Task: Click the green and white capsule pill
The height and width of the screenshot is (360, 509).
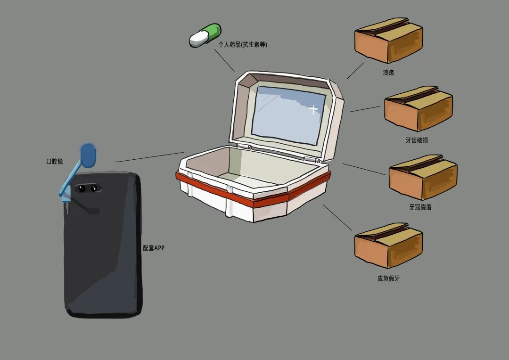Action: point(205,35)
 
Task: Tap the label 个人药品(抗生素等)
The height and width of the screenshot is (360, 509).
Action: point(243,45)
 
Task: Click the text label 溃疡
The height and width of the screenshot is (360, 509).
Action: point(388,73)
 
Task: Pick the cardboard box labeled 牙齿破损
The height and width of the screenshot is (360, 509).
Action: point(419,108)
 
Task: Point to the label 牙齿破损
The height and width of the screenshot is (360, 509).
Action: point(417,140)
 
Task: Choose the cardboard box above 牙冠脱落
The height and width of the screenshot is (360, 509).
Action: point(423,177)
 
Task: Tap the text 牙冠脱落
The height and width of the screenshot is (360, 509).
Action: point(420,207)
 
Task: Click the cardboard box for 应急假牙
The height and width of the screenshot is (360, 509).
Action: point(389,245)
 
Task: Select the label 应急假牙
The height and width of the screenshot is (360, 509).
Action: point(388,278)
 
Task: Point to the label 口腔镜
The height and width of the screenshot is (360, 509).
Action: point(55,162)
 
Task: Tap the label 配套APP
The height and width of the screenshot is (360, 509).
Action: point(154,248)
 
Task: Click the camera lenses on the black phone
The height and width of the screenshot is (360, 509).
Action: point(88,188)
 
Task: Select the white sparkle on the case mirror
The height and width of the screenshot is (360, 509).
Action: point(313,109)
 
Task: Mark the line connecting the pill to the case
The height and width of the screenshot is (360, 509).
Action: point(224,60)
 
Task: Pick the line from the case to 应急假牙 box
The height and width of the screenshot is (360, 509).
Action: point(337,217)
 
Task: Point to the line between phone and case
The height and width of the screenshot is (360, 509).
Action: point(150,157)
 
